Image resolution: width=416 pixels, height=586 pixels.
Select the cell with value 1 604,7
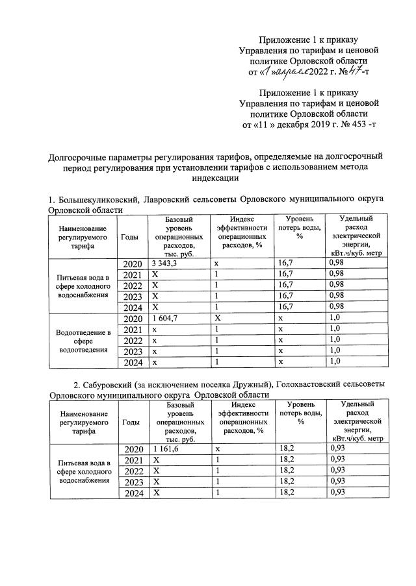point(166,319)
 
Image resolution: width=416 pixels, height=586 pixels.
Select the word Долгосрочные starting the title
point(81,156)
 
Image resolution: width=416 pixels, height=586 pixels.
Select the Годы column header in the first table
point(129,238)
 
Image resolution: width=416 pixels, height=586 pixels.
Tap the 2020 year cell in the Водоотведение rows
point(132,319)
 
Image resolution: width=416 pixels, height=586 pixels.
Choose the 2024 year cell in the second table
point(132,493)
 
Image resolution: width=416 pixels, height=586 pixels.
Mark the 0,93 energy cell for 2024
point(337,493)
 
